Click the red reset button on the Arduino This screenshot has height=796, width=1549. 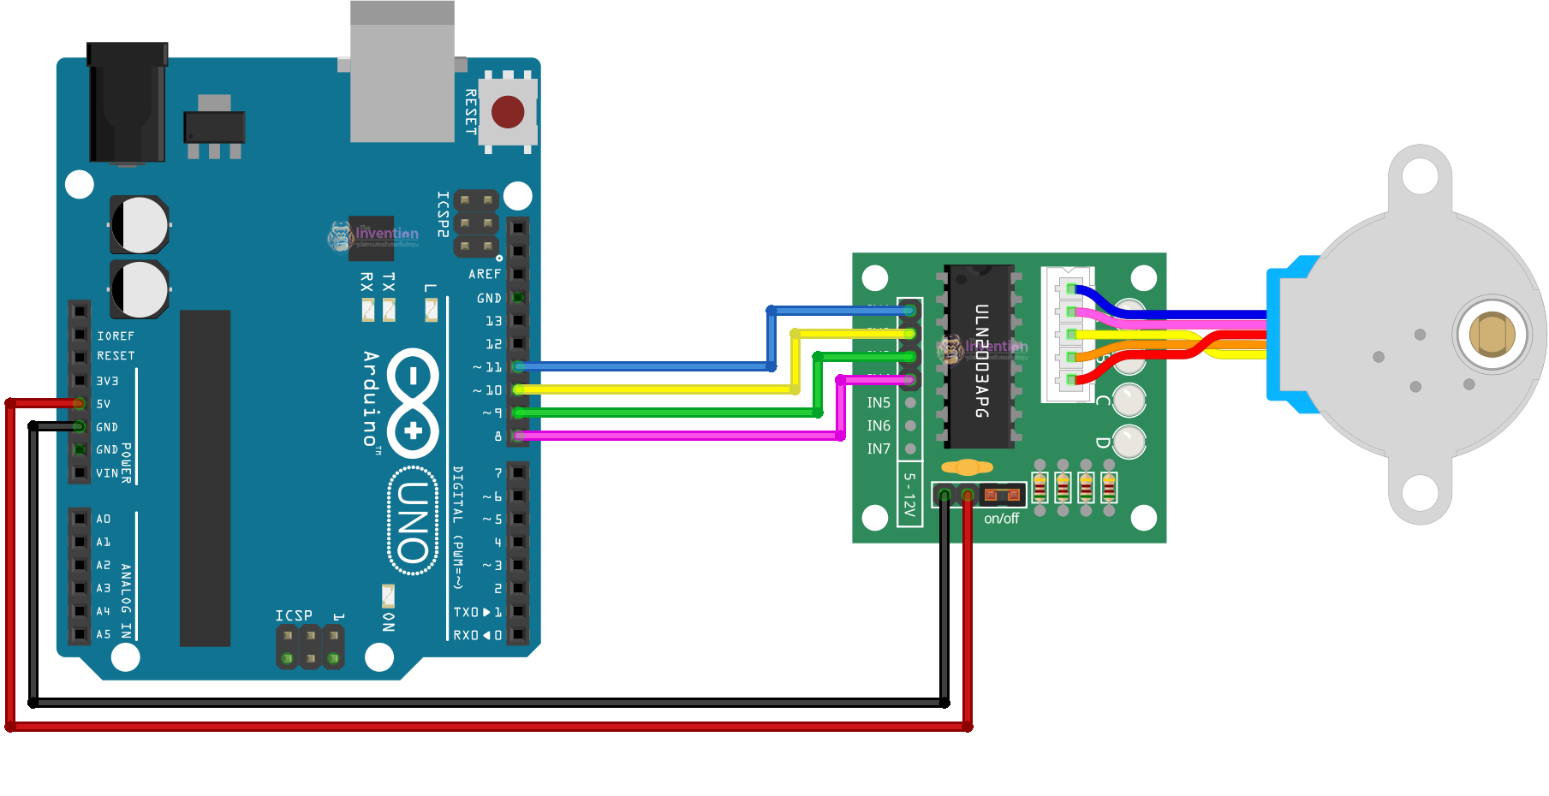(x=508, y=111)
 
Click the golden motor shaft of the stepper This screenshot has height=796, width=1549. (x=1492, y=334)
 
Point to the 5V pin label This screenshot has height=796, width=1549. (x=103, y=403)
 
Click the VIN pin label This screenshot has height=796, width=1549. (x=107, y=472)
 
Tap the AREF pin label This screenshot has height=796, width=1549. (x=485, y=274)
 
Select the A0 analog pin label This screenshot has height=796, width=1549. (x=103, y=519)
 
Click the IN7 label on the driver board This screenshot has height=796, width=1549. (x=879, y=448)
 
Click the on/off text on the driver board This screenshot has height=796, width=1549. (x=1001, y=519)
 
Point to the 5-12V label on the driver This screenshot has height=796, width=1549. (x=909, y=496)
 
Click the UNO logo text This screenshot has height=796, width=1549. (x=414, y=520)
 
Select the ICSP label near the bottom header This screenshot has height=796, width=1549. (x=294, y=615)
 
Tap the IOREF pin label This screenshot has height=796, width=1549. (x=116, y=336)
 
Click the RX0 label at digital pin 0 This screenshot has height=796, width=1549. (x=467, y=634)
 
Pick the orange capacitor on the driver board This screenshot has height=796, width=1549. (x=967, y=467)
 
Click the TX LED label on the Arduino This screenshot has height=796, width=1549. (x=389, y=282)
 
